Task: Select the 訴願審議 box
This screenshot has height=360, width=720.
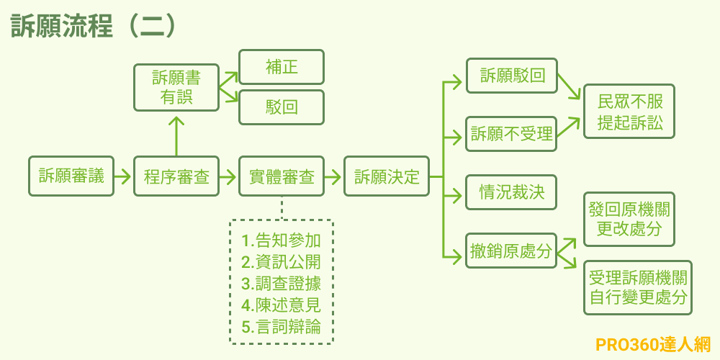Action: (x=71, y=176)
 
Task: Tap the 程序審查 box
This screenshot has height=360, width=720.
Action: (x=176, y=176)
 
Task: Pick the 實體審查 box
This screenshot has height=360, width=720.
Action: (x=282, y=176)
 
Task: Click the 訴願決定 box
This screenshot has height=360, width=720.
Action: (x=387, y=176)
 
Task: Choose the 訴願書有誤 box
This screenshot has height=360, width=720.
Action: (x=176, y=87)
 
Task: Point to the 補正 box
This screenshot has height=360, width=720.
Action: (x=282, y=67)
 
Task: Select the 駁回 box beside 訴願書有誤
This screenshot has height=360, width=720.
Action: (x=282, y=107)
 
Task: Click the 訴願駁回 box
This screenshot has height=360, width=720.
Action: (x=512, y=76)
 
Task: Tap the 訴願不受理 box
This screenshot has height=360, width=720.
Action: (x=512, y=133)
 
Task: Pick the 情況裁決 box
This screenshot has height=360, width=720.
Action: (x=512, y=192)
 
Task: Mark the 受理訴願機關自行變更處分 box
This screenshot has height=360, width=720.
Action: (x=637, y=287)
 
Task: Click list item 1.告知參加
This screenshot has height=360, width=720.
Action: (x=281, y=240)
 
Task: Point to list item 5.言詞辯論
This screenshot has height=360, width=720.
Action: (x=281, y=326)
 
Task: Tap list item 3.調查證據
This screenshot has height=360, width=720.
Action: (x=281, y=283)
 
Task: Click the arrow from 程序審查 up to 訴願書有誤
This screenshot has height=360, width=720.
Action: (x=176, y=133)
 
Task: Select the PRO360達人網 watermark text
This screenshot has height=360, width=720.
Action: (x=653, y=344)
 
